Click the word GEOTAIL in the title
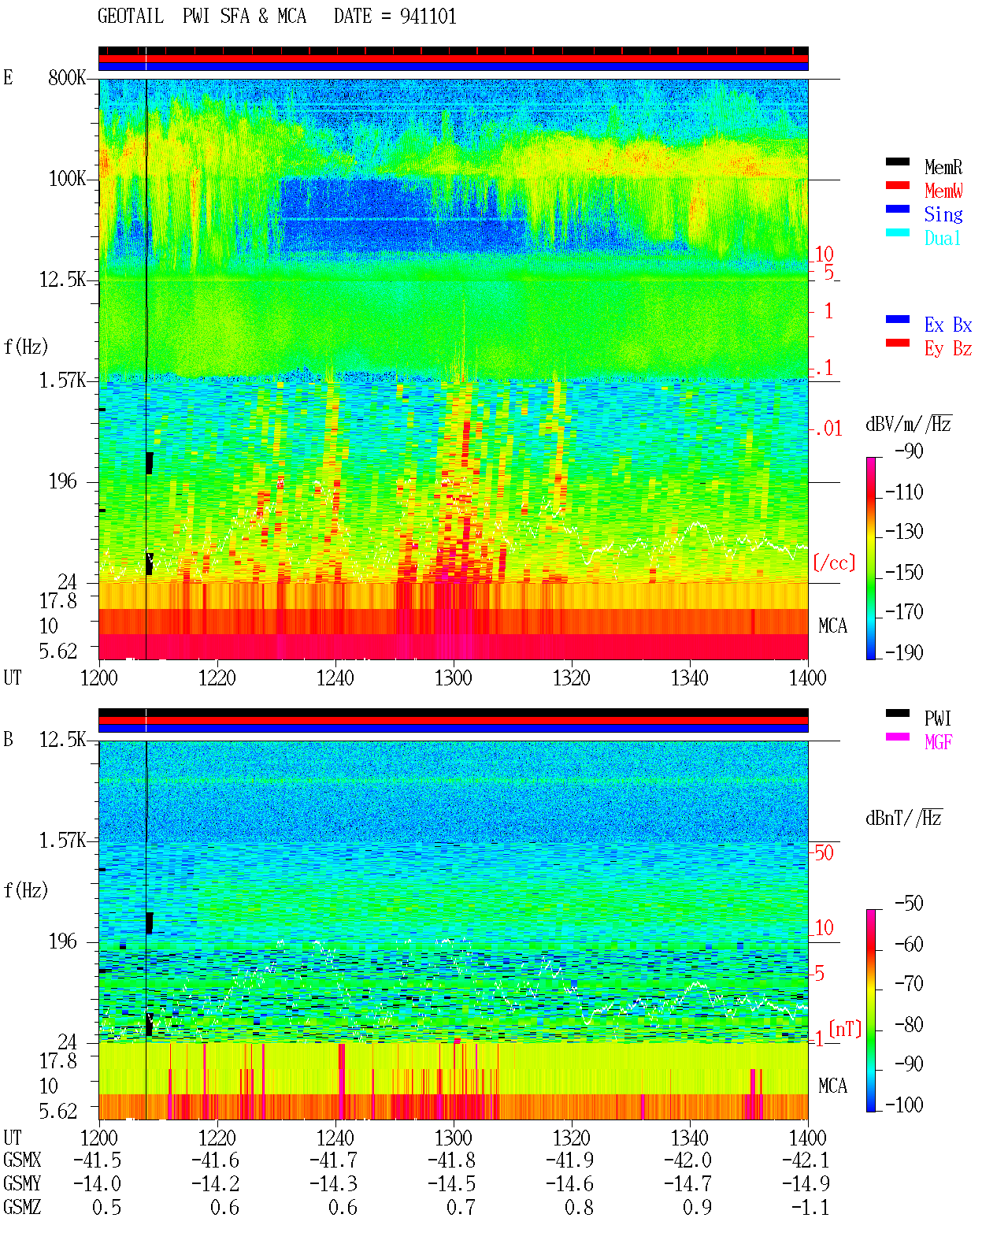pos(130,17)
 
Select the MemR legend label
pos(943,167)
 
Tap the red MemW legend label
pos(943,191)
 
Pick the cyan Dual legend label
pos(942,238)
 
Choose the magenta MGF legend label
pos(938,742)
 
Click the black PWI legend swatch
pos(897,713)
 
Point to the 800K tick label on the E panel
pos(66,77)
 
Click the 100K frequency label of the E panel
pos(66,179)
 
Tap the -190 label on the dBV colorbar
pos(904,652)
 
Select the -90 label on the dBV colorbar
pos(909,451)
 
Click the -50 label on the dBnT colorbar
pos(909,904)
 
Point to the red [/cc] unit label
pos(834,563)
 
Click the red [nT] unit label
pos(845,1030)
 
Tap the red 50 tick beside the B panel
pos(824,853)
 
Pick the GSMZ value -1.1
pos(810,1208)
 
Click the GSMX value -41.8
pos(451,1161)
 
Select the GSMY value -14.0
pos(97,1184)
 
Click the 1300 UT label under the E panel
pos(453,678)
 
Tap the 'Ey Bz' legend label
pos(948,349)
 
